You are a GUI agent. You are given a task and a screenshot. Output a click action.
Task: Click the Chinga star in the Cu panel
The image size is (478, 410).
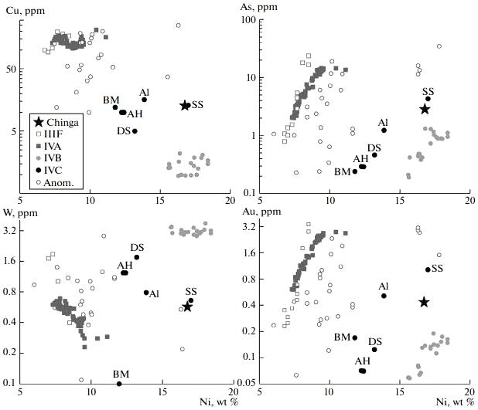[185, 105]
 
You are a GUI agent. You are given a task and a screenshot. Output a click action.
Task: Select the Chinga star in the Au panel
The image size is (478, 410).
[424, 302]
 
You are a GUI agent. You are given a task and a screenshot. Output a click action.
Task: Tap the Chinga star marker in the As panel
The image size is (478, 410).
[424, 109]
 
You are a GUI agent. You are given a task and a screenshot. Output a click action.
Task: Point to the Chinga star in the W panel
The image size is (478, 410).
[187, 307]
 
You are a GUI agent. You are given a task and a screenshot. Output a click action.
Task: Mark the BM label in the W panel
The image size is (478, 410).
[120, 374]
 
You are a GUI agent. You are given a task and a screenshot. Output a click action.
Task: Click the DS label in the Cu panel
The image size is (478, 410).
[123, 130]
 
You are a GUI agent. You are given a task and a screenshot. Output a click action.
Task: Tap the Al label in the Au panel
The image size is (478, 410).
[384, 286]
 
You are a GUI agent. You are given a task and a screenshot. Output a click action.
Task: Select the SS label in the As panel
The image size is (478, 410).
[428, 90]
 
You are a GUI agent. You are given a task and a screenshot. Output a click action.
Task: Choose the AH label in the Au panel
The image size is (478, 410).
[362, 361]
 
